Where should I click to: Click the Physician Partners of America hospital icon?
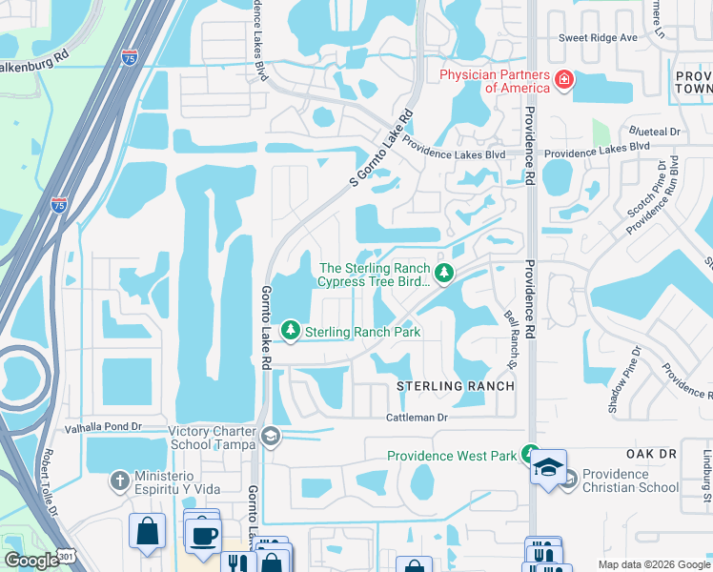564,79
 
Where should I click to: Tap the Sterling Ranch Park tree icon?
289,332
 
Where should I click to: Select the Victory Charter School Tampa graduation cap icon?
271,436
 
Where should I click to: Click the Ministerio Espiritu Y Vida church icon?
119,480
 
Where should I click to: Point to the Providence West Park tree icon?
531,456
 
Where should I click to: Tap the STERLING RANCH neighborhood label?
456,386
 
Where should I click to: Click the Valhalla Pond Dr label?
102,428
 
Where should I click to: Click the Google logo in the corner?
32,561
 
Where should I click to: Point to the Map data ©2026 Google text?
653,564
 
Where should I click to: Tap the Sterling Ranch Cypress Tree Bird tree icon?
444,275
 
